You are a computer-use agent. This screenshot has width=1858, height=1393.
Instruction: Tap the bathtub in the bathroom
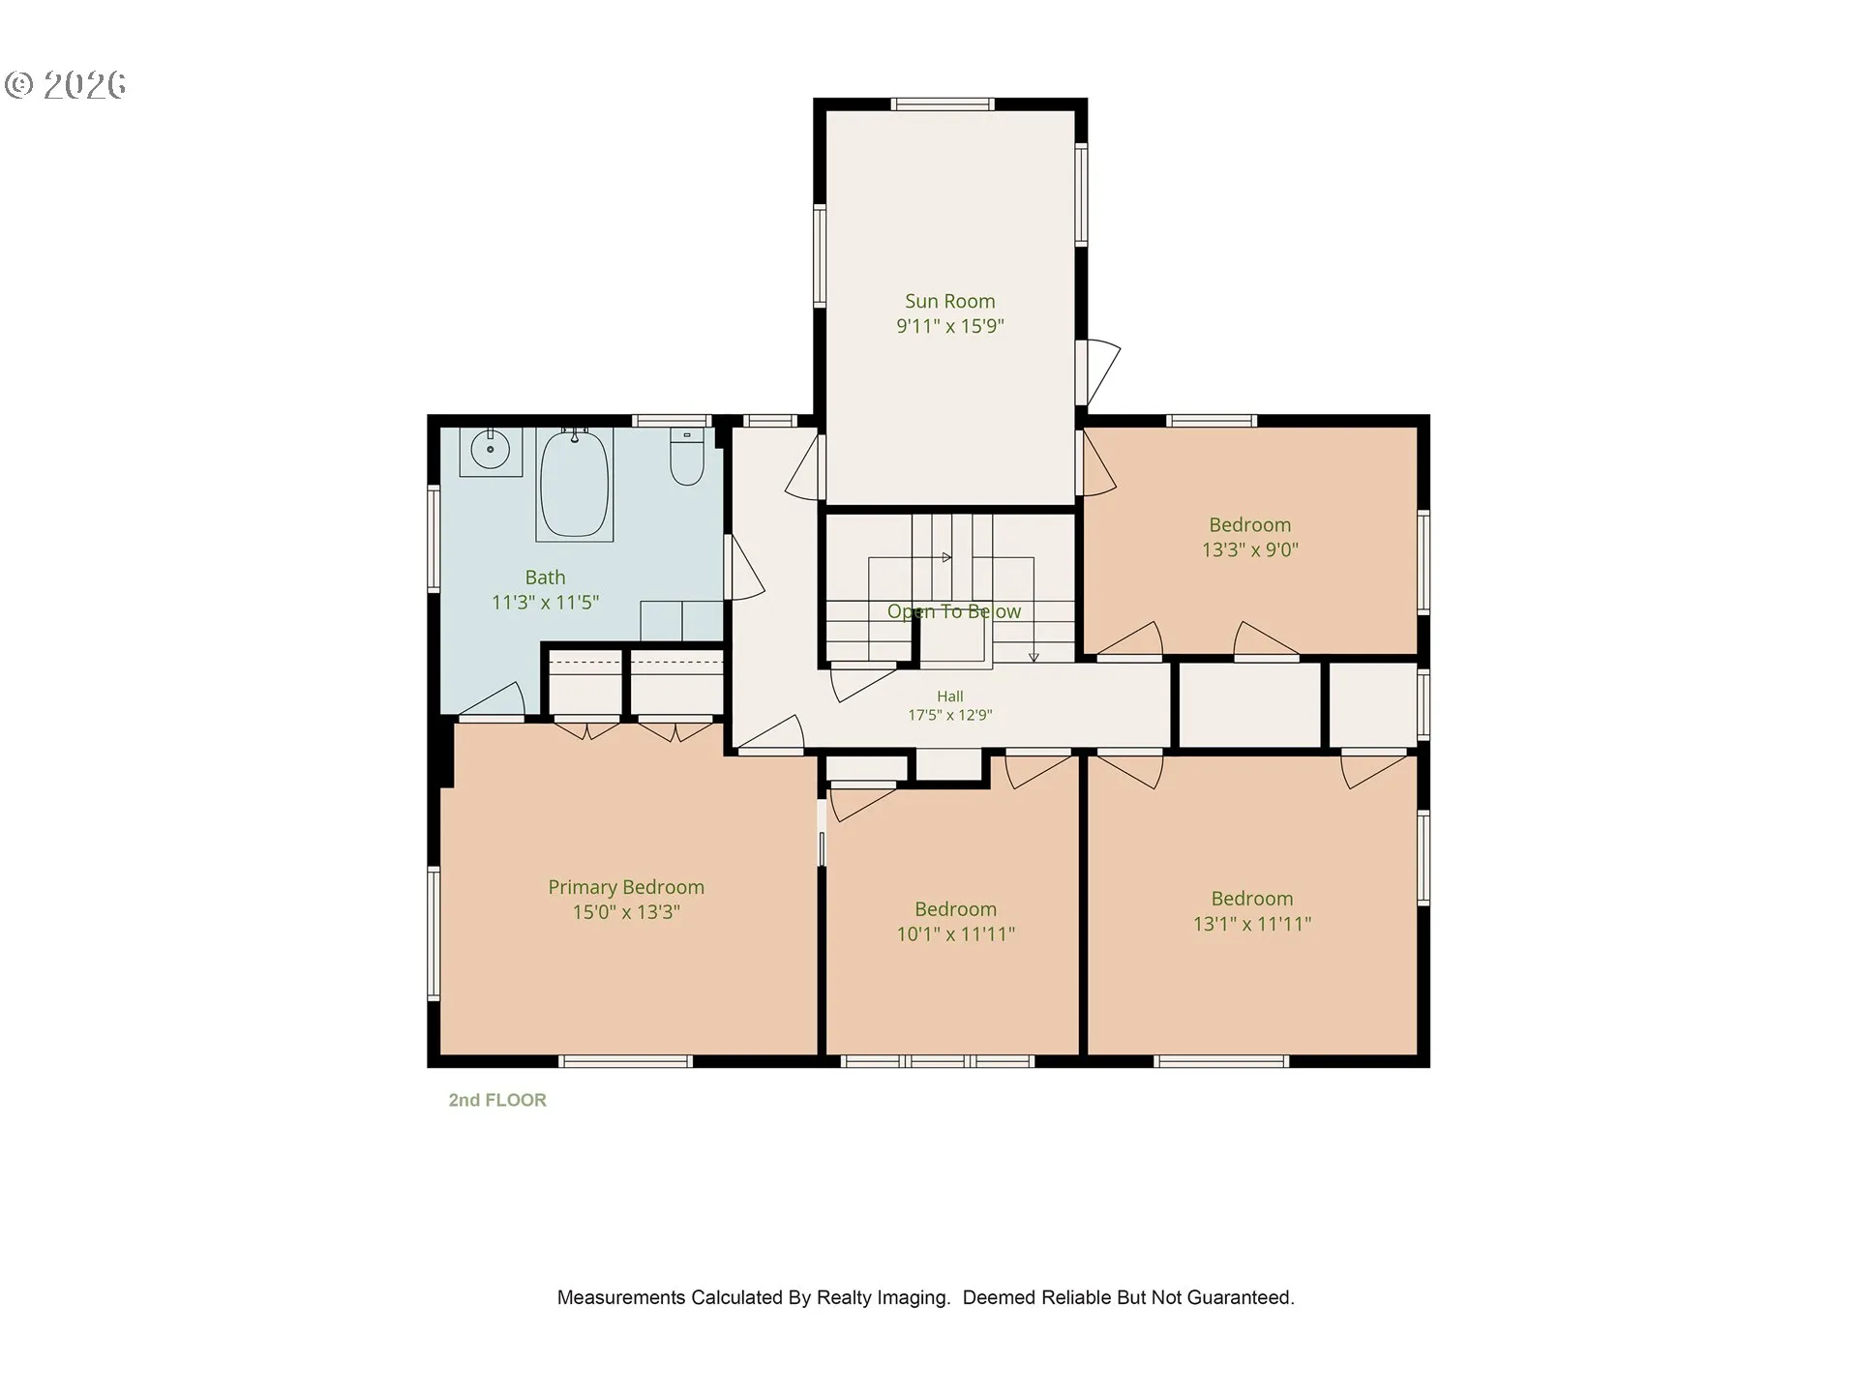pyautogui.click(x=575, y=484)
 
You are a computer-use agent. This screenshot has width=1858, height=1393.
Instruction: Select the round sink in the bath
pyautogui.click(x=491, y=450)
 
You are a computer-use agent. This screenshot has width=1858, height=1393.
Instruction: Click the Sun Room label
pyautogui.click(x=949, y=301)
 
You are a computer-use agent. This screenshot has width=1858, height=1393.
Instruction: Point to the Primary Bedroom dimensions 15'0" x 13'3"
pyautogui.click(x=626, y=911)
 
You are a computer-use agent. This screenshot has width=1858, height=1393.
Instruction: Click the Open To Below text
pyautogui.click(x=953, y=611)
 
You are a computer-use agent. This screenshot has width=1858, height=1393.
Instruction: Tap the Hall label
pyautogui.click(x=949, y=696)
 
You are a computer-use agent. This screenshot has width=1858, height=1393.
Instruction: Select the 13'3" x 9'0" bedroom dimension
pyautogui.click(x=1249, y=549)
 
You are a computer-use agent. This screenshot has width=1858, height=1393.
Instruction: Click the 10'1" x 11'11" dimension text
pyautogui.click(x=955, y=934)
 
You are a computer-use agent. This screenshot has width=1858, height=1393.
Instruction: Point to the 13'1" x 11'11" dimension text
pyautogui.click(x=1251, y=923)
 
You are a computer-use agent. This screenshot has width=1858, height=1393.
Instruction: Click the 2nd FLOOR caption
pyautogui.click(x=497, y=1100)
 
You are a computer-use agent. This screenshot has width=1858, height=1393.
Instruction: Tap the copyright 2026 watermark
pyautogui.click(x=65, y=85)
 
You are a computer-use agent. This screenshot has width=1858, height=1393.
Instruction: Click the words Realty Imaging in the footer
pyautogui.click(x=883, y=1298)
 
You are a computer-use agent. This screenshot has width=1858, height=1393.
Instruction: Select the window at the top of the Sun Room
pyautogui.click(x=942, y=104)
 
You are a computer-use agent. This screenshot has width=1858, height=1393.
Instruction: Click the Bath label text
pyautogui.click(x=545, y=578)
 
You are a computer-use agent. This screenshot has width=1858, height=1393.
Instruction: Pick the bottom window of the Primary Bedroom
pyautogui.click(x=626, y=1061)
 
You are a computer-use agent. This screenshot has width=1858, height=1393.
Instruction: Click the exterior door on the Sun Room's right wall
pyautogui.click(x=1097, y=372)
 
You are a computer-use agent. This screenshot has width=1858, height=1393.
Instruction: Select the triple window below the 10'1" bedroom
pyautogui.click(x=937, y=1061)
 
